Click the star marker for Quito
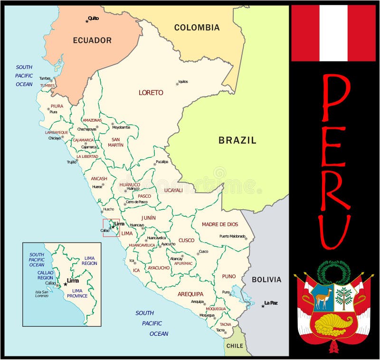point(87,21)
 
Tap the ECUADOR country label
point(92,40)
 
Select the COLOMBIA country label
point(197,28)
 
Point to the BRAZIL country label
point(237,140)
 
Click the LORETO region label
point(151,93)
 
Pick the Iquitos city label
point(183,81)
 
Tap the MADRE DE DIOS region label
point(220,224)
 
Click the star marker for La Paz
point(263,306)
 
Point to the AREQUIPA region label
point(190,294)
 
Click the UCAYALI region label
point(173,190)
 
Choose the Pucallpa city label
point(161,162)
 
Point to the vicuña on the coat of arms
point(323,297)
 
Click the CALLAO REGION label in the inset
point(45,275)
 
